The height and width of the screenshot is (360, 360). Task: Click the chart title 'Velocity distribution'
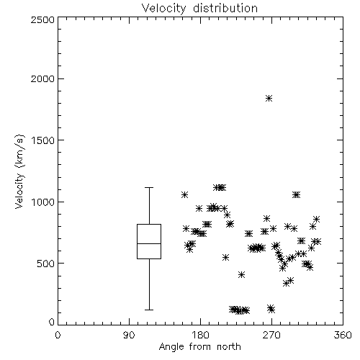click(199, 8)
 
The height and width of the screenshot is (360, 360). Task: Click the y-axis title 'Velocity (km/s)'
click(19, 171)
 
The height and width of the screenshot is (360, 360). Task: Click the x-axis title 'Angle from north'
click(199, 346)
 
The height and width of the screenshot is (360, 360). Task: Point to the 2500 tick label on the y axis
click(42, 19)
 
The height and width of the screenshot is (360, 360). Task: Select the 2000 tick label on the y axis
click(42, 78)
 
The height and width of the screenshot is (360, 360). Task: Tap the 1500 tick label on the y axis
click(43, 140)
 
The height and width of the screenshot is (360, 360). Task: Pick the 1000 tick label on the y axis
click(43, 202)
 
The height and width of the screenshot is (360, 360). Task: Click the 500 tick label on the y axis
click(46, 264)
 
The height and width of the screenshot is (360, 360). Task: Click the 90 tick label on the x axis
click(129, 335)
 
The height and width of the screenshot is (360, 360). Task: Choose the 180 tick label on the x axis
click(200, 335)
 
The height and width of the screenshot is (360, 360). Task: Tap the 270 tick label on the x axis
click(271, 335)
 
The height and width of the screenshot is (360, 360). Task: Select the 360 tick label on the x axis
click(343, 335)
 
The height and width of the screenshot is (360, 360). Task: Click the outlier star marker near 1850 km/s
click(269, 98)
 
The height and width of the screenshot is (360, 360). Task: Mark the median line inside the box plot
click(149, 243)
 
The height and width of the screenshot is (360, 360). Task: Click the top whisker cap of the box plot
click(149, 187)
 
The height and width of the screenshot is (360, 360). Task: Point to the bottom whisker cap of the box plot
click(149, 310)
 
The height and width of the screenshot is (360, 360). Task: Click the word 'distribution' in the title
click(225, 8)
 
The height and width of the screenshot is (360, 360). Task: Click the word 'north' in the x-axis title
click(229, 346)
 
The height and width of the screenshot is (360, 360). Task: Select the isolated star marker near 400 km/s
click(242, 274)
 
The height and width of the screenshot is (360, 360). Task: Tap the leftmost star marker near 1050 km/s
click(184, 194)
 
